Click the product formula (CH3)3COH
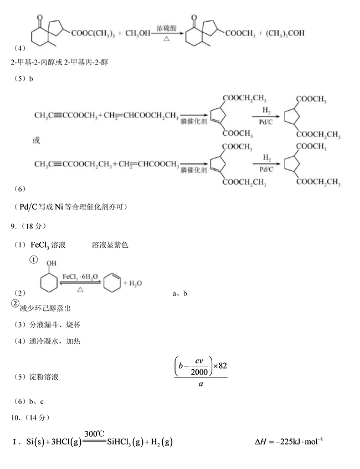285,33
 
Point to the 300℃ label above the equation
94,434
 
